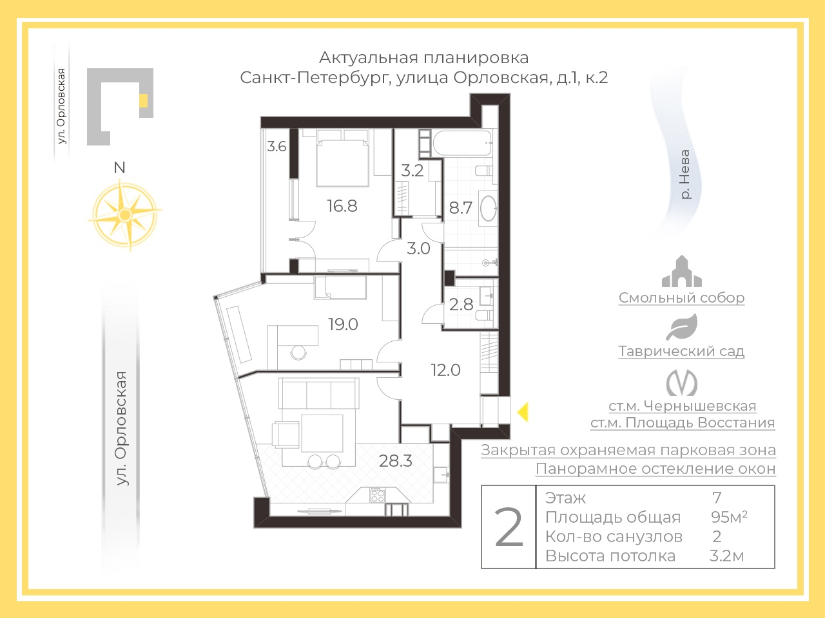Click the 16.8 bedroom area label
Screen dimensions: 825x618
pos(342,206)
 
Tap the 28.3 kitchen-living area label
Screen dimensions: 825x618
pos(395,461)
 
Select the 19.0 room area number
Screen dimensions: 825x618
pos(343,324)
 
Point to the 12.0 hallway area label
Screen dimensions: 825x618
pos(446,370)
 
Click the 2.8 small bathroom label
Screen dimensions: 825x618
pos(461,304)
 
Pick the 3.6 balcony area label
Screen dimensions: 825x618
pos(277,146)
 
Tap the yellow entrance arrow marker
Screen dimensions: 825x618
pos(523,411)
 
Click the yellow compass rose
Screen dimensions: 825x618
pos(125,215)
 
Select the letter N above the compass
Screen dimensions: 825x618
pos(119,167)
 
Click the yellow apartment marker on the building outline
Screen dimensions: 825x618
pos(143,100)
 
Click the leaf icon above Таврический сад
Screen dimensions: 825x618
pos(682,327)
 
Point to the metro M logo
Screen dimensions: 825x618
pos(682,383)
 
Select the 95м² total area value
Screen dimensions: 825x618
pos(729,517)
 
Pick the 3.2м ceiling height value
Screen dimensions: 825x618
pos(727,556)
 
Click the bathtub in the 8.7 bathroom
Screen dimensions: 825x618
pos(462,143)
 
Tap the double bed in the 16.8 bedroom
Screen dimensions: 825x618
pos(342,158)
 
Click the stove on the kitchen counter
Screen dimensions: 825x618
pos(377,494)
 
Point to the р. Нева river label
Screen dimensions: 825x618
pos(685,174)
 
